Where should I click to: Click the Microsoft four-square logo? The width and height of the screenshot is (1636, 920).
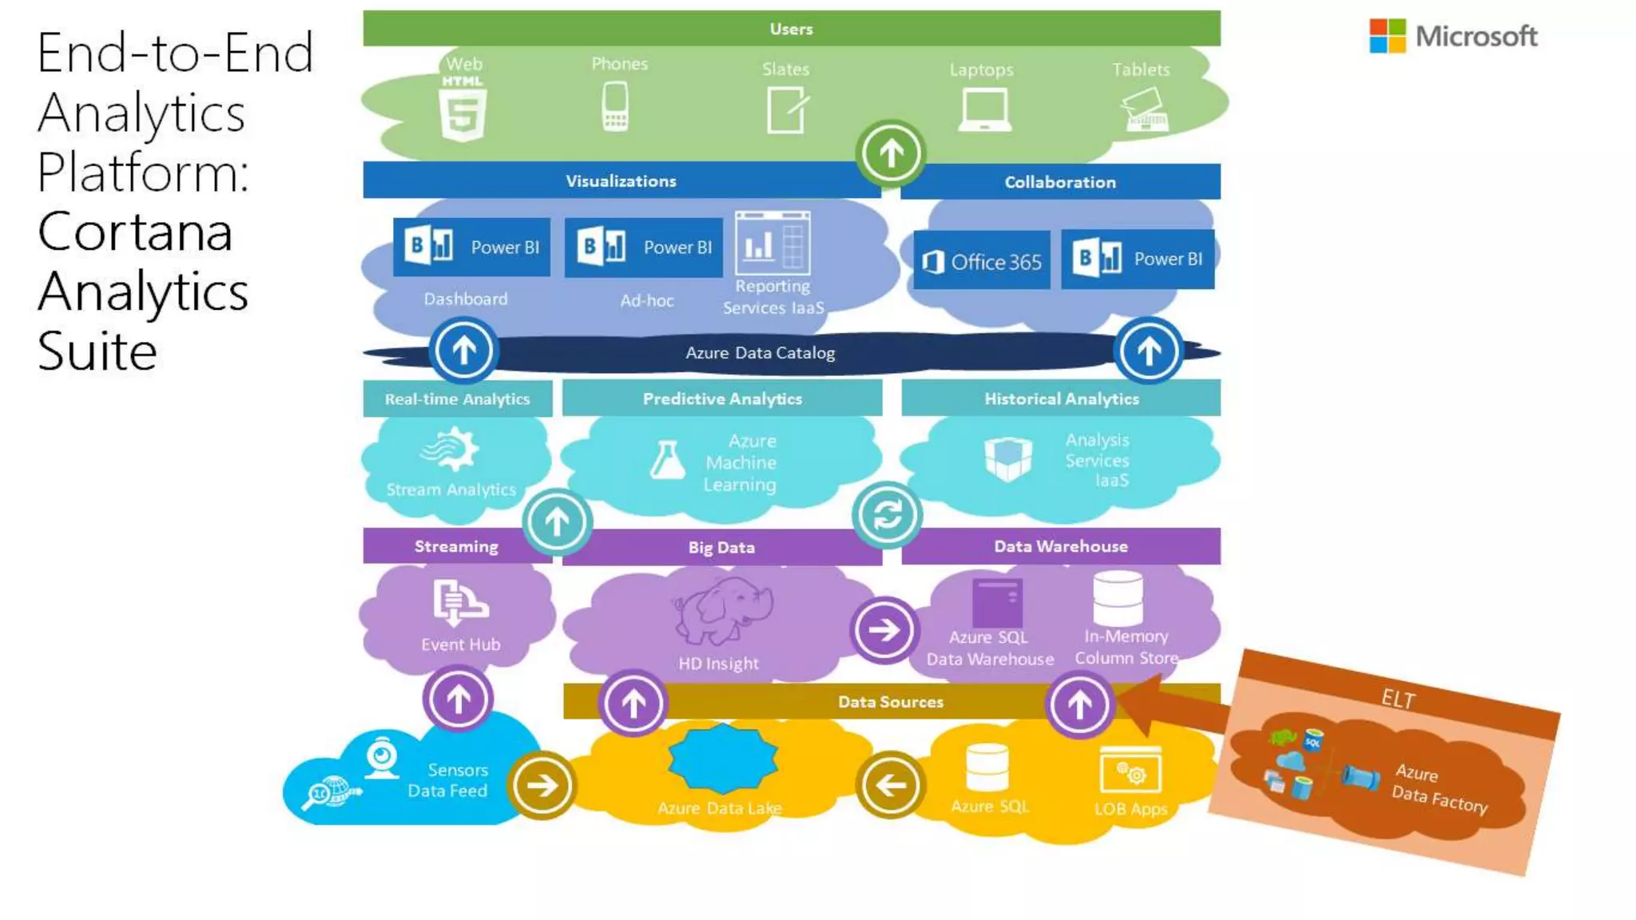pyautogui.click(x=1387, y=37)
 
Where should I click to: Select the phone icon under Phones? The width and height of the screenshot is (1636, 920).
pyautogui.click(x=615, y=107)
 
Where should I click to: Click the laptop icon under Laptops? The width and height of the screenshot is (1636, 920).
pyautogui.click(x=984, y=110)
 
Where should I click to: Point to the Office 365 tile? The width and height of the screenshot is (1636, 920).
pyautogui.click(x=982, y=261)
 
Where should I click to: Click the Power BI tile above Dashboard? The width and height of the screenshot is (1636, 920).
pyautogui.click(x=471, y=248)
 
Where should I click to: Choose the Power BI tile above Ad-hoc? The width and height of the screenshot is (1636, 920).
pyautogui.click(x=644, y=248)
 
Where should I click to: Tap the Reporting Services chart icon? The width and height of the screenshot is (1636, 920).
pyautogui.click(x=772, y=243)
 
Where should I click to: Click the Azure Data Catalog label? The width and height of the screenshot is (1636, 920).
pyautogui.click(x=760, y=353)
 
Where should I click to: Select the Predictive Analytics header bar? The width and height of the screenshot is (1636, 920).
pyautogui.click(x=722, y=399)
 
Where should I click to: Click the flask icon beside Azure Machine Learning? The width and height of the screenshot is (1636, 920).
pyautogui.click(x=667, y=461)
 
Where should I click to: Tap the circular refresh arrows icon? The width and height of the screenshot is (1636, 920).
pyautogui.click(x=887, y=515)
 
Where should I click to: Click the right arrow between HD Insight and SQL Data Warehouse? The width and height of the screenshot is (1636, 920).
pyautogui.click(x=884, y=630)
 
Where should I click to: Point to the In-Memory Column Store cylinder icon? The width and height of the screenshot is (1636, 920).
pyautogui.click(x=1118, y=599)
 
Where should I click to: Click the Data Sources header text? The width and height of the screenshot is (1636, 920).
pyautogui.click(x=890, y=702)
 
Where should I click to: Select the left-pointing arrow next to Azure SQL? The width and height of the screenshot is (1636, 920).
pyautogui.click(x=890, y=785)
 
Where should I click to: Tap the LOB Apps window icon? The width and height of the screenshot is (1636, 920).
pyautogui.click(x=1130, y=771)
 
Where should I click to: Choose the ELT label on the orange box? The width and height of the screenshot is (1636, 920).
pyautogui.click(x=1398, y=699)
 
